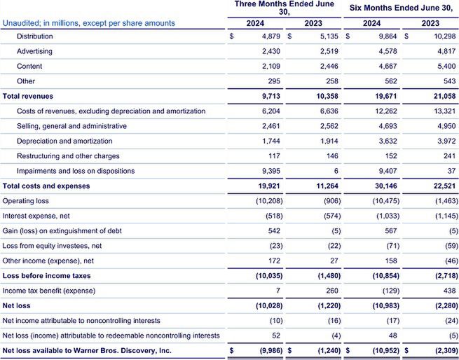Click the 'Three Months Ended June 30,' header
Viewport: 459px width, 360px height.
click(283, 8)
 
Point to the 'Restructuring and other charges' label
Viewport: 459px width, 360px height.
click(68, 156)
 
